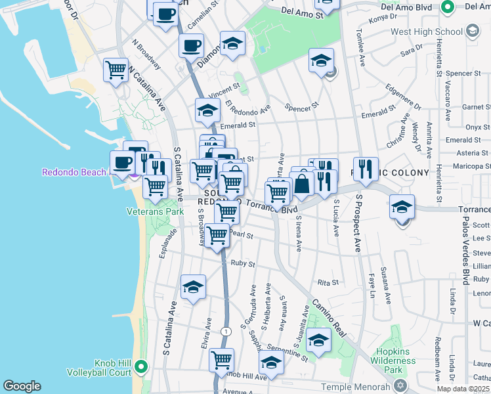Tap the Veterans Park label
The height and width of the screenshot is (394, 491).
pyautogui.click(x=155, y=212)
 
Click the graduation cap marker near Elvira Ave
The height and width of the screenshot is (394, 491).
pyautogui.click(x=193, y=287)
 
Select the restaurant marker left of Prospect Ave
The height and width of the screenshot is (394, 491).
pyautogui.click(x=366, y=168)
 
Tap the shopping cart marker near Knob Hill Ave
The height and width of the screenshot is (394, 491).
pyautogui.click(x=222, y=360)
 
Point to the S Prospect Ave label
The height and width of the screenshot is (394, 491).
pyautogui.click(x=358, y=223)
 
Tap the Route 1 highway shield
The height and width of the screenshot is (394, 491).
pyautogui.click(x=226, y=331)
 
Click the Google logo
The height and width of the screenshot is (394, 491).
pyautogui.click(x=22, y=386)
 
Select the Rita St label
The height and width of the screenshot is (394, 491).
pyautogui.click(x=328, y=282)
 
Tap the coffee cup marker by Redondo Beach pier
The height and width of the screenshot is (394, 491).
pyautogui.click(x=123, y=162)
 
